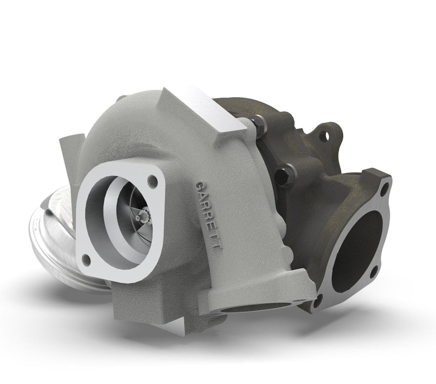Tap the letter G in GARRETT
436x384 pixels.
[198, 187]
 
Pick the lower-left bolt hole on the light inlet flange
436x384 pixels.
[86, 258]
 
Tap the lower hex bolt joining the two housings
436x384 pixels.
[285, 173]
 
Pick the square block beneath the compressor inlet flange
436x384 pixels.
[142, 308]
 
